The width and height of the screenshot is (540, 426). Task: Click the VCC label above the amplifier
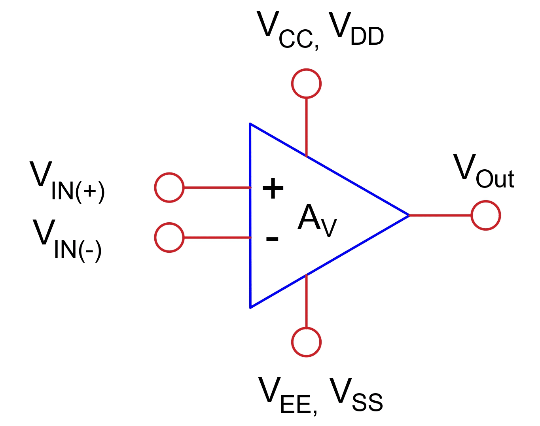coord(287,30)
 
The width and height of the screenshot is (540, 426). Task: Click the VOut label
coord(483,172)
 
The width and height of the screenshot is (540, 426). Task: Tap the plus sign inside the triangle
coord(273,188)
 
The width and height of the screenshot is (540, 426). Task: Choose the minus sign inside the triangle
coord(272,239)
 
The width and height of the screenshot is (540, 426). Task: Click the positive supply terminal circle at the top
coord(306,83)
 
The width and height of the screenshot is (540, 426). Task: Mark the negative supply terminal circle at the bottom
coord(306,342)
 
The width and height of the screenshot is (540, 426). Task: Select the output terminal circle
coord(486,216)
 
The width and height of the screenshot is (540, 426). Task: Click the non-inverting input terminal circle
coord(169,187)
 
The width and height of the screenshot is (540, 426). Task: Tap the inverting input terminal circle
coord(169,237)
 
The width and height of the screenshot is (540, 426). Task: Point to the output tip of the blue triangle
coord(408,215)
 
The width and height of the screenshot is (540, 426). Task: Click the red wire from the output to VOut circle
coord(440,216)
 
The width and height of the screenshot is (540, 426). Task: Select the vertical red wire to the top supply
coord(306,127)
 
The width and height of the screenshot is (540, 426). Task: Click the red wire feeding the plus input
coord(217,187)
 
